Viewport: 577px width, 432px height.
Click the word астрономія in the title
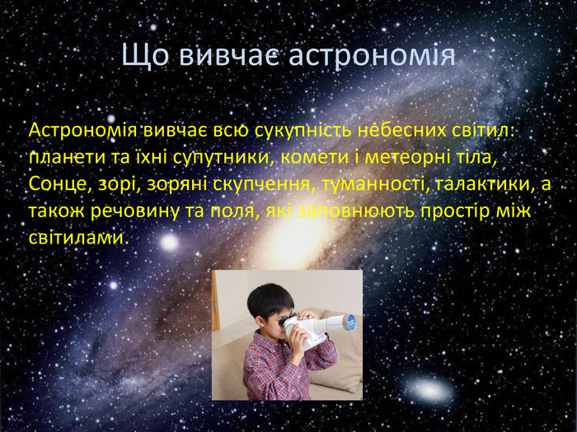(372, 55)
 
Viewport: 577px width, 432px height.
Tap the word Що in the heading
(145, 55)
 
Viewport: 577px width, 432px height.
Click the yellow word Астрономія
(82, 131)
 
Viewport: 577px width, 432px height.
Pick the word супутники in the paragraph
(225, 158)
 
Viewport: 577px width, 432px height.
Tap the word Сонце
(59, 184)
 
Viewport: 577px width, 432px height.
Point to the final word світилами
(79, 238)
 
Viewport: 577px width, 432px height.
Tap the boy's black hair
(269, 300)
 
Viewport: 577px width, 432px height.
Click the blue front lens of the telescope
(350, 321)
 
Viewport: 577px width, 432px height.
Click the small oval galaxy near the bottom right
(429, 390)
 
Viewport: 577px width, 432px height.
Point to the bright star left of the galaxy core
(169, 243)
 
